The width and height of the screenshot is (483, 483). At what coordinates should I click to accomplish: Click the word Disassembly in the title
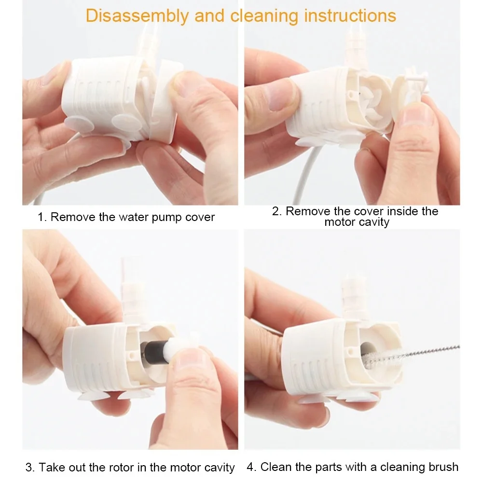click(137, 16)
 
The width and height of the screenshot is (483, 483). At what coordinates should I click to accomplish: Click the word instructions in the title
click(350, 15)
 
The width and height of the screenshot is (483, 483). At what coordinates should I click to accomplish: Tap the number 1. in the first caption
click(42, 217)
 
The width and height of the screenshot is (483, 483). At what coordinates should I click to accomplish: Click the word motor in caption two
click(339, 222)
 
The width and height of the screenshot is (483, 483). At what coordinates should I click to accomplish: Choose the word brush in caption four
click(443, 467)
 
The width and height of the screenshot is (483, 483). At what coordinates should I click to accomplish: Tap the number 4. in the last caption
click(252, 467)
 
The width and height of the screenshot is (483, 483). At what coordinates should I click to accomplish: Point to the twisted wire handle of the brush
click(425, 351)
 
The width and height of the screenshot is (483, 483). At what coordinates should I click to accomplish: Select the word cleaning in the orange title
click(265, 16)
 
